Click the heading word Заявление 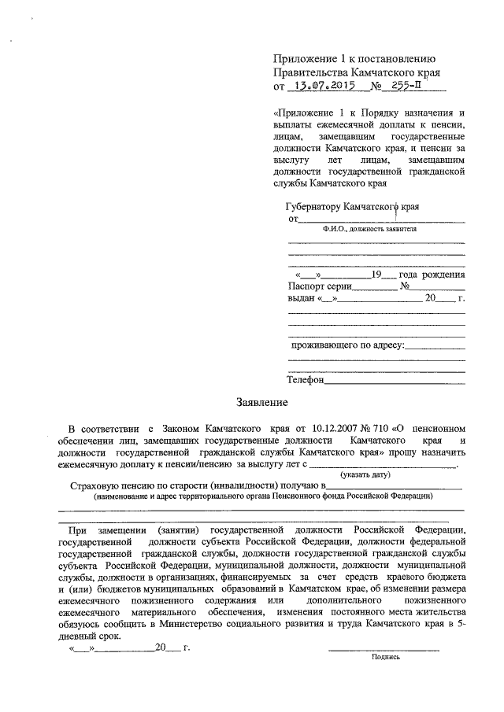coord(260,404)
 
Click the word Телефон coord(306,380)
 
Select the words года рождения coord(432,275)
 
